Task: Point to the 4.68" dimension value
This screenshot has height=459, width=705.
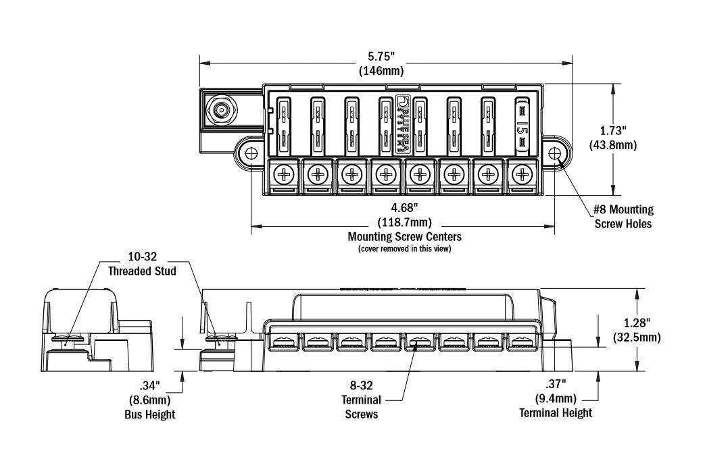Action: pyautogui.click(x=404, y=208)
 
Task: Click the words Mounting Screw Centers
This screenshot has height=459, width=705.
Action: pyautogui.click(x=404, y=237)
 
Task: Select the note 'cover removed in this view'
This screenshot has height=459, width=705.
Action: pyautogui.click(x=404, y=249)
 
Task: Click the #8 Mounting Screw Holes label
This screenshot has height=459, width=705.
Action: pyautogui.click(x=623, y=217)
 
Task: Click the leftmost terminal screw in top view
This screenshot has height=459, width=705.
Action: pyautogui.click(x=283, y=175)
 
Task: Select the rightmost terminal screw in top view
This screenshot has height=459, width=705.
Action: pyautogui.click(x=520, y=175)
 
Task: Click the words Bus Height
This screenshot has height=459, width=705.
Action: pyautogui.click(x=149, y=414)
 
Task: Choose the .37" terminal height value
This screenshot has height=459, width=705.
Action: pyautogui.click(x=556, y=385)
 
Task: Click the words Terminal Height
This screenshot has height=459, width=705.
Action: pyautogui.click(x=556, y=412)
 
